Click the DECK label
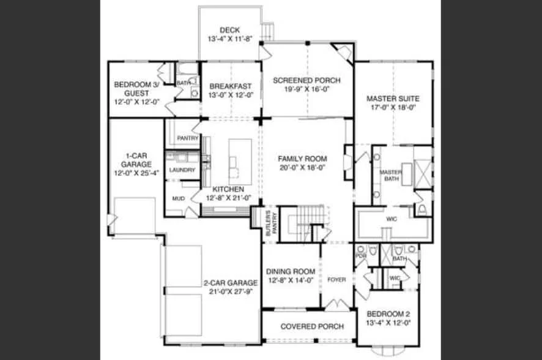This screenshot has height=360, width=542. tap(230, 30)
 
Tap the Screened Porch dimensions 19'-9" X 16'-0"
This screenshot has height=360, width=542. tap(307, 89)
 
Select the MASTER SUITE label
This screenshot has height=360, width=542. tap(393, 99)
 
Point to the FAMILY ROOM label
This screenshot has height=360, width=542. tap(302, 159)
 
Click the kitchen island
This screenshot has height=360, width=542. tap(240, 162)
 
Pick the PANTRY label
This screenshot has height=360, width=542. tap(188, 138)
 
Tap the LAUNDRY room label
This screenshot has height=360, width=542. tap(182, 170)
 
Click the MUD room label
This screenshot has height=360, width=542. tap(179, 198)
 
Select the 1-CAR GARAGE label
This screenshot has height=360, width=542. tap(136, 160)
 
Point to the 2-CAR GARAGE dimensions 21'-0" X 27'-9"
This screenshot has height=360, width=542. tap(231, 291)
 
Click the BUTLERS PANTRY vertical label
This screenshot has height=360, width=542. tap(272, 223)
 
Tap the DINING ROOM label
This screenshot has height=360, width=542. tap(291, 271)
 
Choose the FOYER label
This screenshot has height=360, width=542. tap(336, 279)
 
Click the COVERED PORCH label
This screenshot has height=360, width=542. tap(312, 326)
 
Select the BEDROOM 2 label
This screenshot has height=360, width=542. tap(388, 314)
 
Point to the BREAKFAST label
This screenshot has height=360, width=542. tap(231, 86)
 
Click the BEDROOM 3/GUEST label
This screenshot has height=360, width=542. tap(137, 89)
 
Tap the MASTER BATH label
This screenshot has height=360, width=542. tap(391, 175)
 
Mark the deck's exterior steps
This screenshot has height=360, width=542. tap(267, 31)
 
